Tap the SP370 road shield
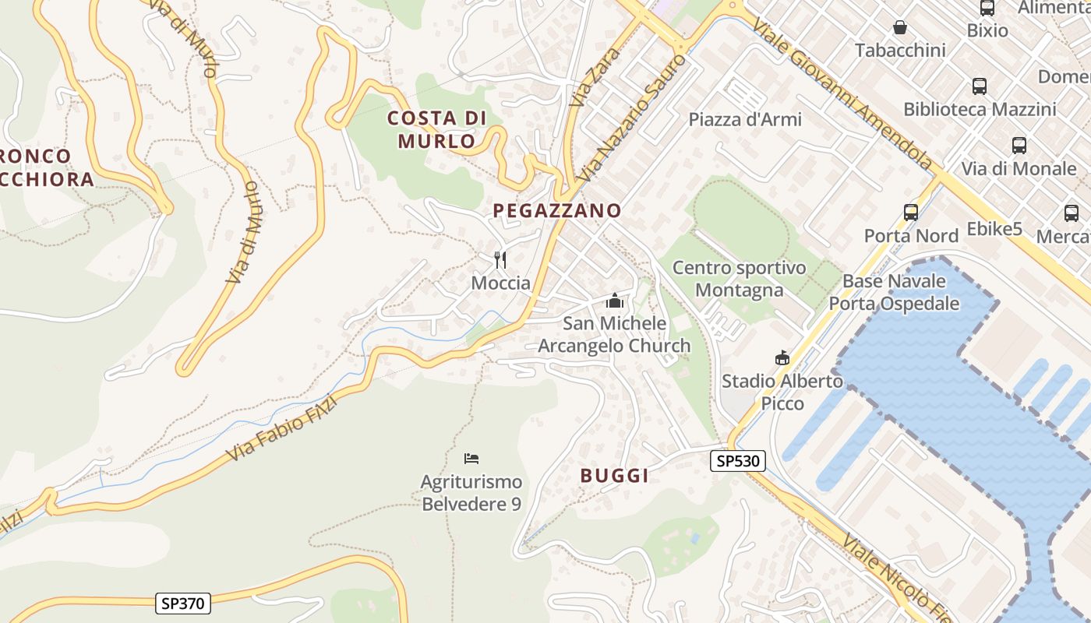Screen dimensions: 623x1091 [183, 603]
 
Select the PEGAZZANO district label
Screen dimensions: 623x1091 [557, 210]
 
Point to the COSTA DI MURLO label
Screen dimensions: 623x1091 [436, 129]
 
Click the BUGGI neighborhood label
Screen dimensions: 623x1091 [615, 476]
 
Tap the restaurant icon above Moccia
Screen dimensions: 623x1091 [500, 259]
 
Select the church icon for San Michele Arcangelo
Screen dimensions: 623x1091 [615, 301]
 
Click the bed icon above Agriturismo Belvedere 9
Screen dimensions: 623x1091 [471, 458]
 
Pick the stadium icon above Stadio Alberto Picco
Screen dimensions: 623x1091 [782, 357]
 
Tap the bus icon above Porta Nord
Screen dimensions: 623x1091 [910, 212]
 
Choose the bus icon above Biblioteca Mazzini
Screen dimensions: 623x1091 [980, 86]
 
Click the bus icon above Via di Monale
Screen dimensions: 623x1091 [1019, 145]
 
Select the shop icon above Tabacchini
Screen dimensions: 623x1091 [900, 28]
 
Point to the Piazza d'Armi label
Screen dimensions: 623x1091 [744, 120]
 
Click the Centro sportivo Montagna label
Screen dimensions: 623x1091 [739, 279]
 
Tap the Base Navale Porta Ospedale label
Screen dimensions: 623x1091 [894, 292]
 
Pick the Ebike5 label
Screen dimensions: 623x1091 [994, 229]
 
